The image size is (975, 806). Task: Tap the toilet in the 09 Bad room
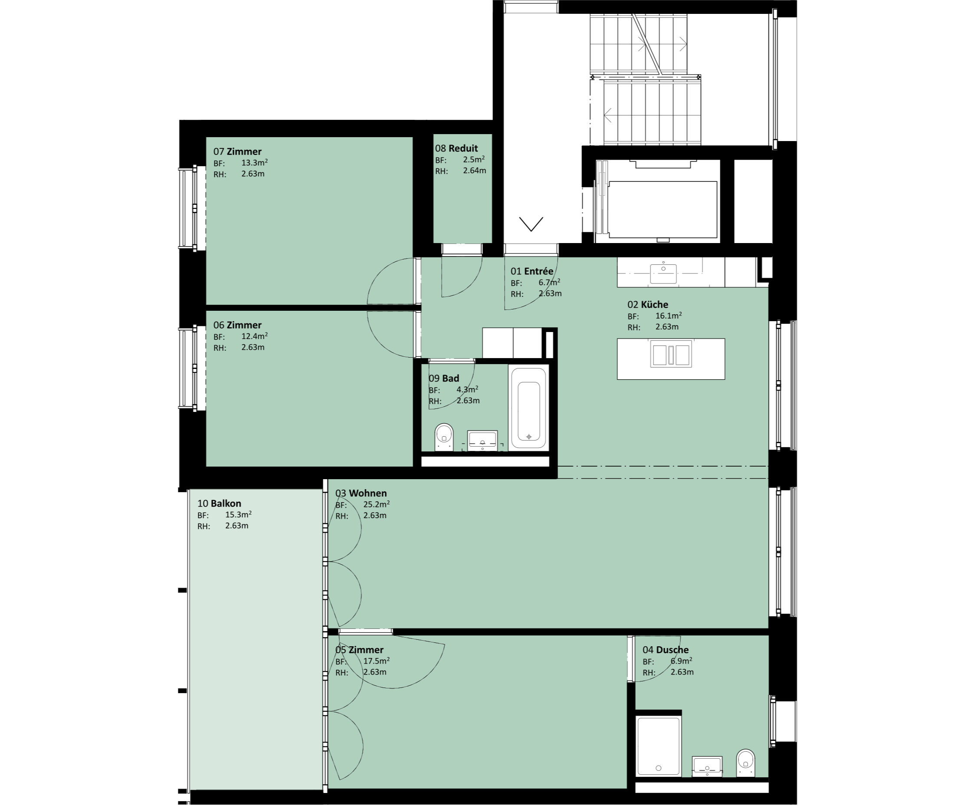[443, 437]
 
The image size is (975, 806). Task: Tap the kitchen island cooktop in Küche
[671, 354]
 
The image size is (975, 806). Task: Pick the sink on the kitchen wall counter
[663, 273]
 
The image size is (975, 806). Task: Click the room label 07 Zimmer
[237, 151]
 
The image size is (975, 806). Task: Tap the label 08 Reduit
[456, 148]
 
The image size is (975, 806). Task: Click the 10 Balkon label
[219, 503]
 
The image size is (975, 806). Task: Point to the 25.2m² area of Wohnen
[376, 504]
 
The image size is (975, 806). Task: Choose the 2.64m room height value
[474, 171]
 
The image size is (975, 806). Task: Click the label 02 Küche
[648, 305]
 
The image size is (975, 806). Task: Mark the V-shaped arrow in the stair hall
[531, 224]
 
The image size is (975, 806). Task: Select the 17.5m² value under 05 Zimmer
[376, 661]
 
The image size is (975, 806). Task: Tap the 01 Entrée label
[532, 271]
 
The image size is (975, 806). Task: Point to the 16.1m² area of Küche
[668, 316]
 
